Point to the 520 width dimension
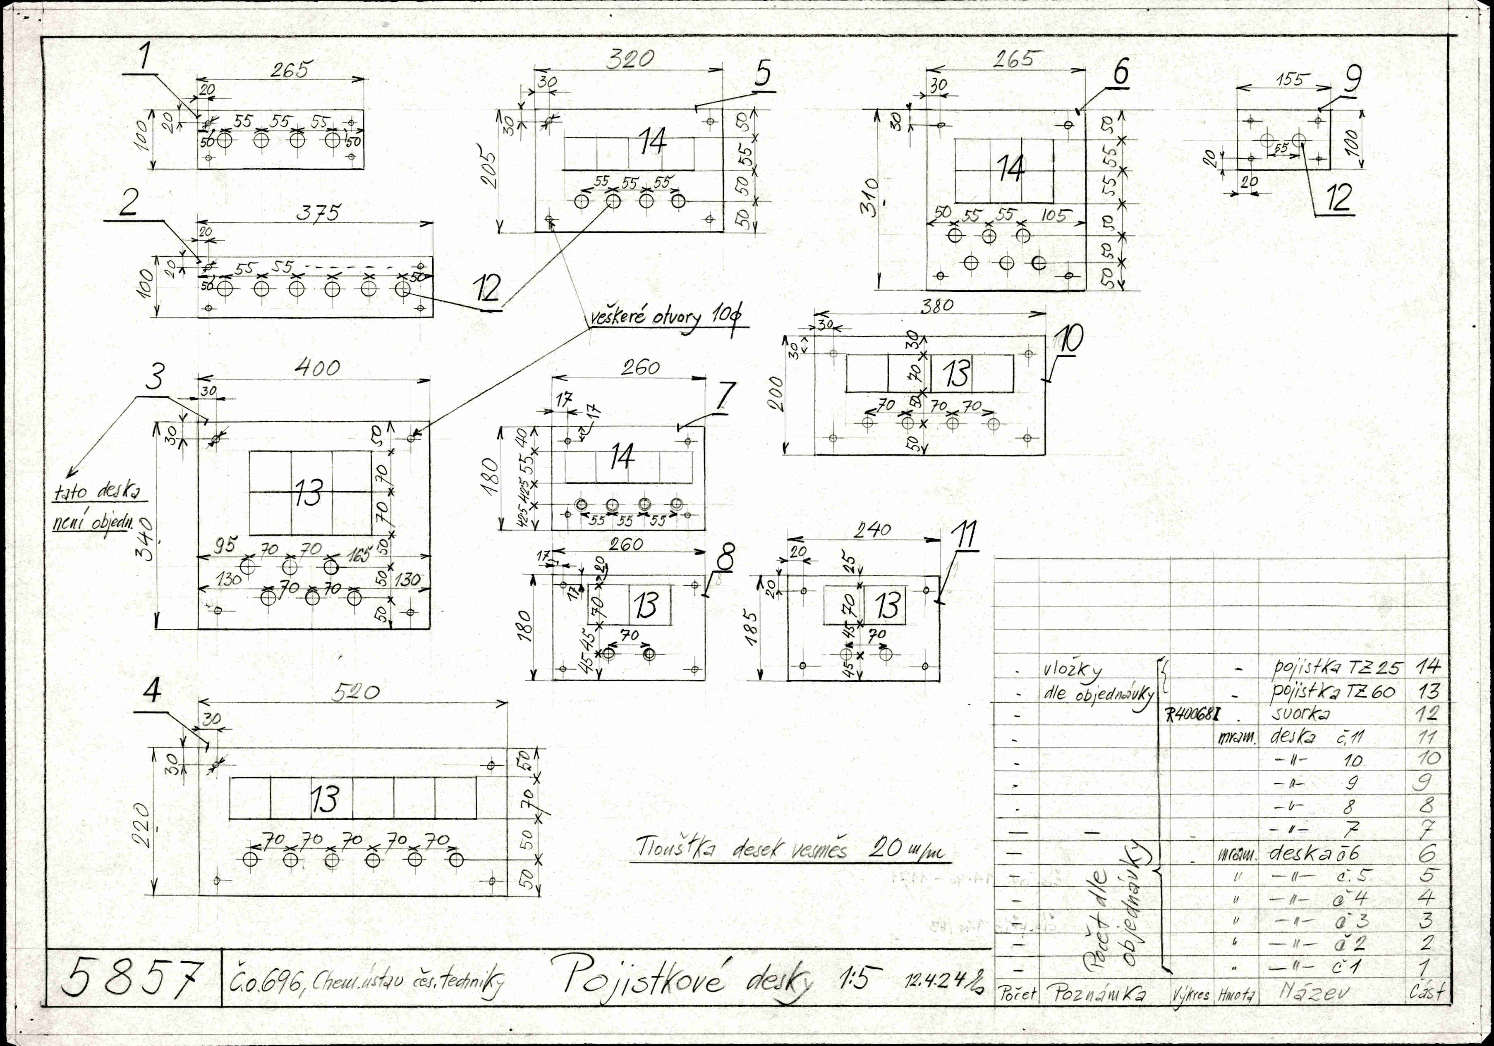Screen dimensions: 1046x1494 (354, 693)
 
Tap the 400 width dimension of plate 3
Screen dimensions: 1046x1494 (317, 368)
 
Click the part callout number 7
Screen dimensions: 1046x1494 (725, 396)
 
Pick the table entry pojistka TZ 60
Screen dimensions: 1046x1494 (1334, 692)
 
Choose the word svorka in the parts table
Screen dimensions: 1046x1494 (1300, 714)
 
